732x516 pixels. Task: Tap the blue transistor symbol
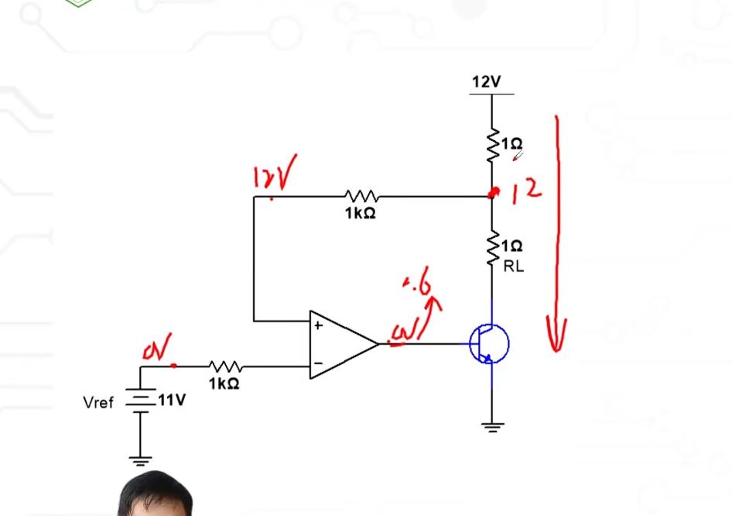point(490,343)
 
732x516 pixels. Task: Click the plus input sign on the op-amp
point(317,326)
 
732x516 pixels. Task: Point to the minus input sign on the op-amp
point(317,363)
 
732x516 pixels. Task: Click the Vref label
point(98,402)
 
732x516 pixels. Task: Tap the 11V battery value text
point(172,401)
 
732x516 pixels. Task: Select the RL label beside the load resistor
point(513,267)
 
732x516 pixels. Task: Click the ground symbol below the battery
point(140,460)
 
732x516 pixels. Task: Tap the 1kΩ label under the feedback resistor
point(361,213)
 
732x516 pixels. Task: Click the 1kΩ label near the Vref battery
point(224,384)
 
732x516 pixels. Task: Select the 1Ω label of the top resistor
point(511,144)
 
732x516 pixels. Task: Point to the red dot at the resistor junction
point(491,193)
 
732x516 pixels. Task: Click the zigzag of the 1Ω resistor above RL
point(491,250)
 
